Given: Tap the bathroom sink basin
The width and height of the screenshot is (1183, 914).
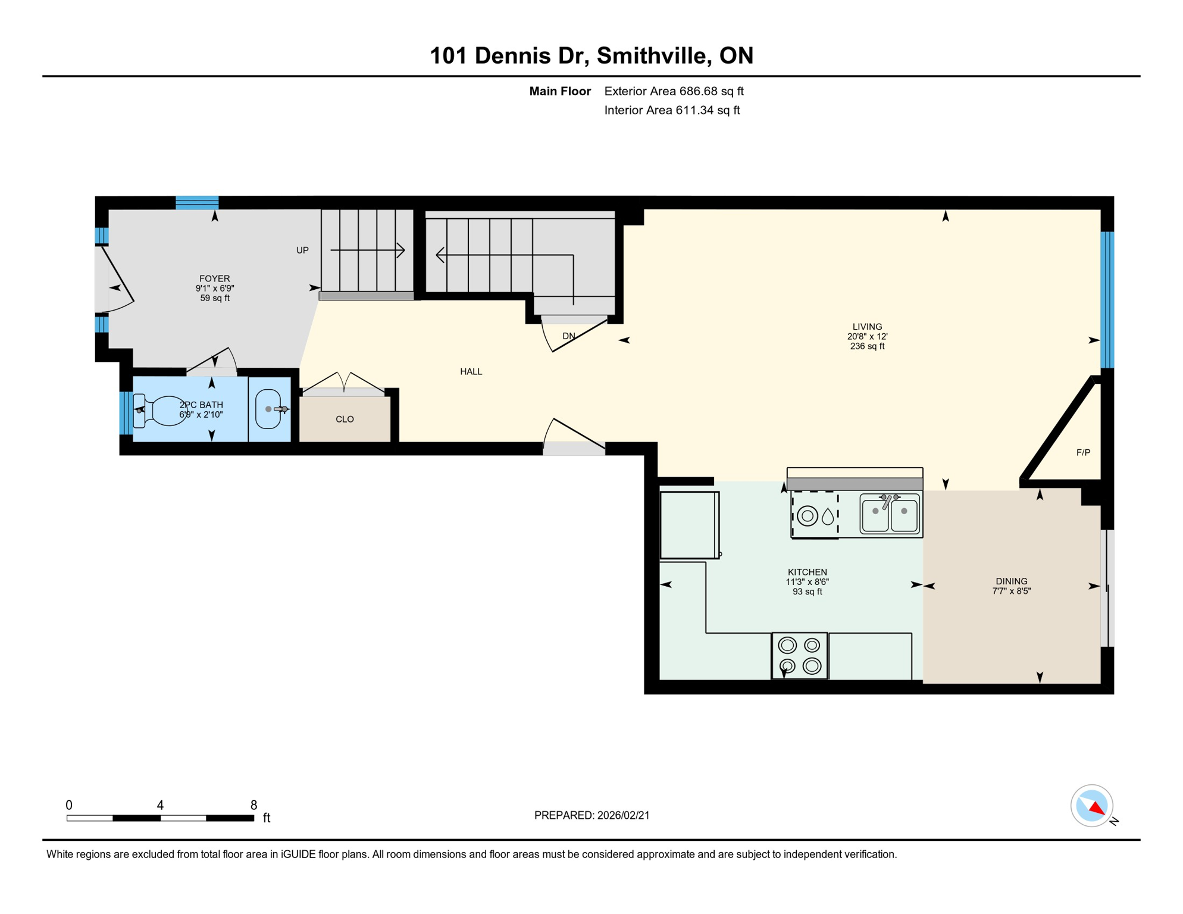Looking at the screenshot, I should click(268, 409).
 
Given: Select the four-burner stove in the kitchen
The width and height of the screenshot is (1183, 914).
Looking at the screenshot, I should click(799, 655).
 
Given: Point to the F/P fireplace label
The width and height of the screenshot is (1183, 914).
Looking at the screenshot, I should click(1083, 453).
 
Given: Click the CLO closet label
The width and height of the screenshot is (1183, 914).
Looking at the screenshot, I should click(345, 420).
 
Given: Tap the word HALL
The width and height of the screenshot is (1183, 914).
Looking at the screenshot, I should click(471, 372).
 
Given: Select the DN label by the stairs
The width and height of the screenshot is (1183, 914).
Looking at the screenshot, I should click(569, 336).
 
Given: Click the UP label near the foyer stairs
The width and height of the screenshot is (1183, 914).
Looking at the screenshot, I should click(302, 251).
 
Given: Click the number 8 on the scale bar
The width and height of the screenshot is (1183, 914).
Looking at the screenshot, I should click(253, 805).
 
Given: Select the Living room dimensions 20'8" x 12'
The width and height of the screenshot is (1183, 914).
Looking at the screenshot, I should click(867, 337).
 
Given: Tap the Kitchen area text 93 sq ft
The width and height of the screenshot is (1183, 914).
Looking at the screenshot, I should click(807, 592).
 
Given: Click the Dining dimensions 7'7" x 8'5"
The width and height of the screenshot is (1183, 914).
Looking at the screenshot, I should click(1011, 591).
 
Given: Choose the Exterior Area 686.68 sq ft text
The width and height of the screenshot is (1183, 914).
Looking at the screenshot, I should click(674, 92).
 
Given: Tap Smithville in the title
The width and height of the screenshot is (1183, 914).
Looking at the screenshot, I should click(652, 56).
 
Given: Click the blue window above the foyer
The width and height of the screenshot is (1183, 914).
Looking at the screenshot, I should click(197, 202).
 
